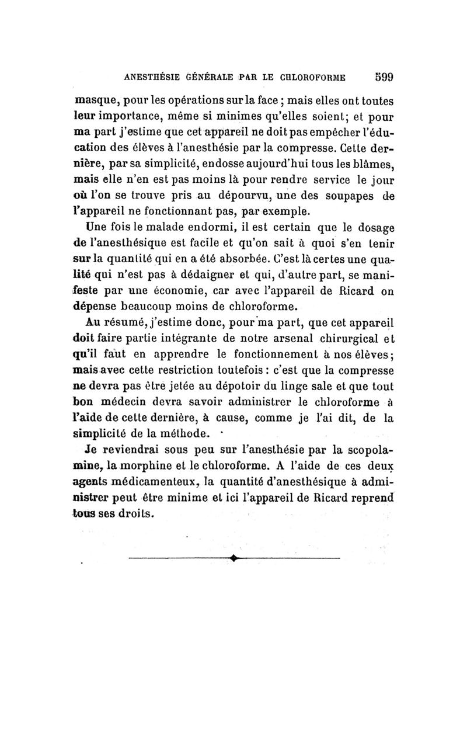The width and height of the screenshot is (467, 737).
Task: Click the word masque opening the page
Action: pyautogui.click(x=95, y=100)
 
